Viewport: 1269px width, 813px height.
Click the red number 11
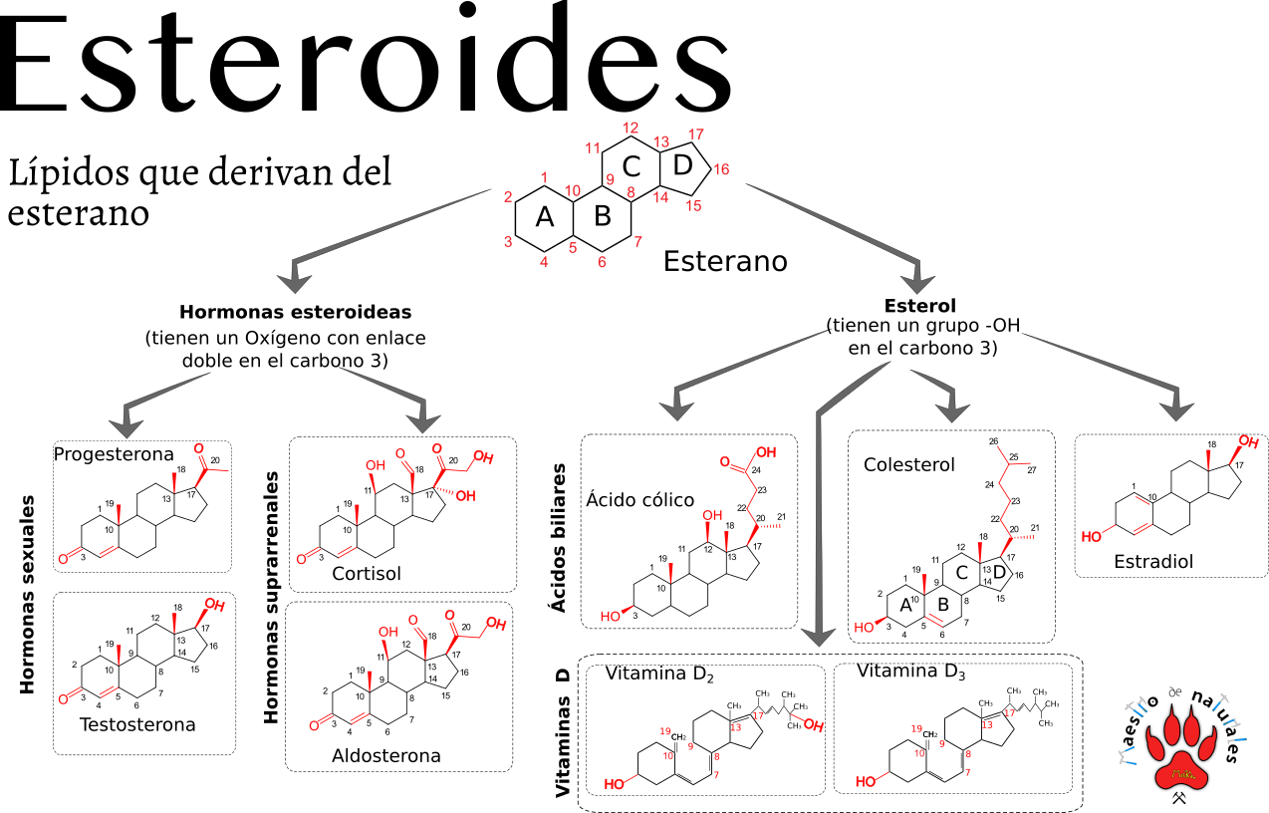(593, 148)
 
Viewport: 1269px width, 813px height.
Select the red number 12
(631, 129)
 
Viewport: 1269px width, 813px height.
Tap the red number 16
(721, 170)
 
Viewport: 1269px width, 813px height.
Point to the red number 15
(693, 206)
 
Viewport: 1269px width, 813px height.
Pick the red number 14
(660, 197)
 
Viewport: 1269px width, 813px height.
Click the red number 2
(508, 197)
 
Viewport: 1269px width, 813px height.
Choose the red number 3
(508, 242)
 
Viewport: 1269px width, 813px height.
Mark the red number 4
(544, 263)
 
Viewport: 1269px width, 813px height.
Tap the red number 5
(573, 248)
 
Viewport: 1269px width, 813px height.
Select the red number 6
(602, 263)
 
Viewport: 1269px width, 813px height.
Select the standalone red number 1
(544, 178)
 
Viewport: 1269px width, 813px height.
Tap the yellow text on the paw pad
(1183, 773)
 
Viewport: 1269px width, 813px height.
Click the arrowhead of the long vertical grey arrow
(818, 636)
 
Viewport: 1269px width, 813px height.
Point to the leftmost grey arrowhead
(126, 426)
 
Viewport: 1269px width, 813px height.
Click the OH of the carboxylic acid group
(766, 452)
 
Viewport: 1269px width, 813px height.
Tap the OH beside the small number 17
(814, 726)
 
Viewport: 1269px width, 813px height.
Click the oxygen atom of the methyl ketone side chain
(198, 448)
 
